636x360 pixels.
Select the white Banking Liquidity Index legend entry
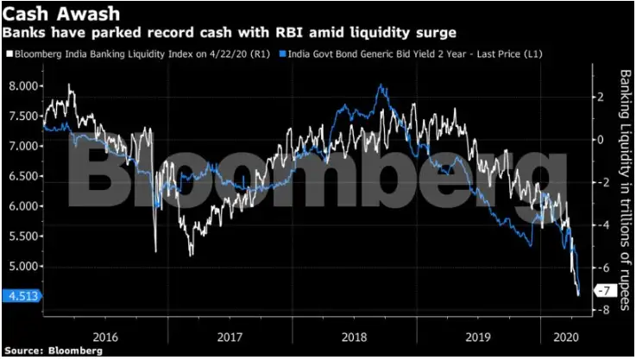pos(142,54)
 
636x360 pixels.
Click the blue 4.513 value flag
pos(21,296)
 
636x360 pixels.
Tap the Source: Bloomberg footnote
pos(52,351)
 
